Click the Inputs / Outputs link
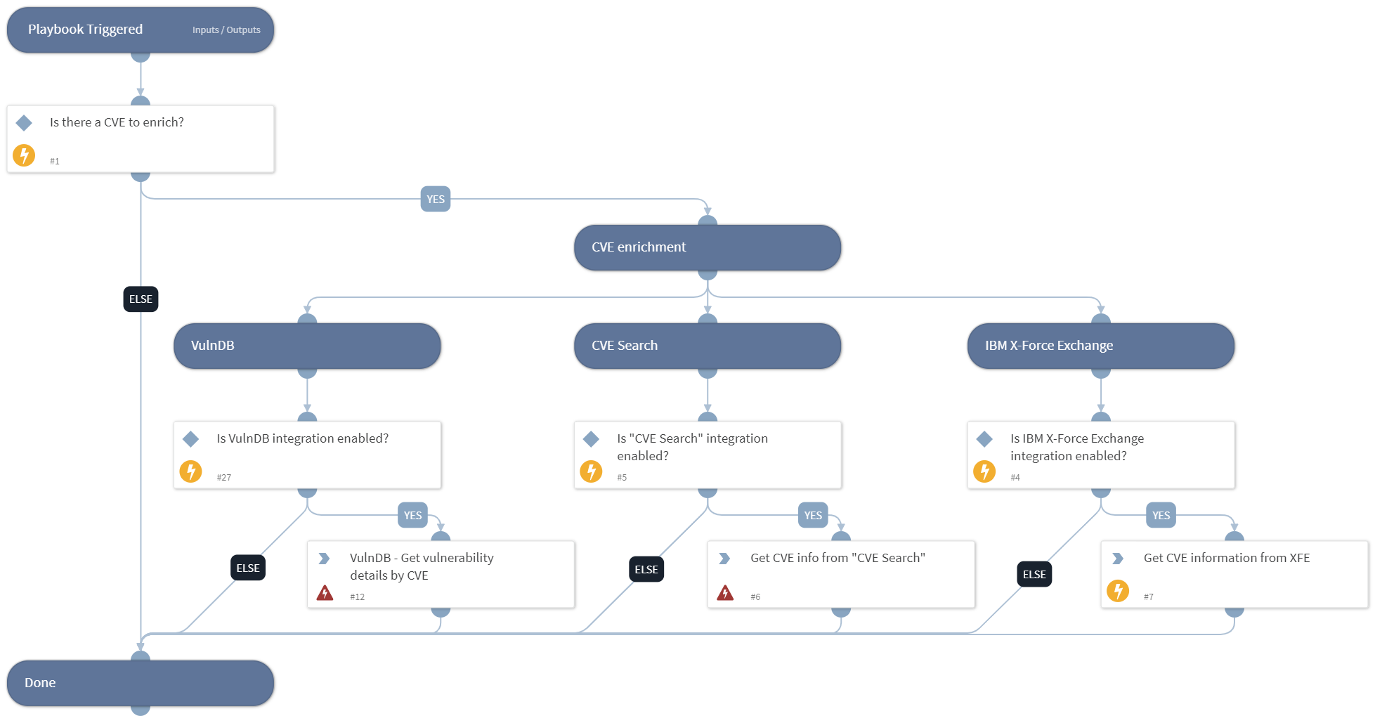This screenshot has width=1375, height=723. point(226,30)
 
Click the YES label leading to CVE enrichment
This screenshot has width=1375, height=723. point(435,199)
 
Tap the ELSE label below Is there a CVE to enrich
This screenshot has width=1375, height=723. point(141,299)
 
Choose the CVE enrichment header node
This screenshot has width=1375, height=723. point(707,247)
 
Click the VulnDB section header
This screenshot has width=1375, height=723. point(306,346)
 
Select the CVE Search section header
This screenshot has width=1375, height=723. point(707,346)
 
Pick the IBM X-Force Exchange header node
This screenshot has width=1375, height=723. point(1100,346)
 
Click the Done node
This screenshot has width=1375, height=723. point(140,683)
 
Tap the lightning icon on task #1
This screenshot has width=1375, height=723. point(24,155)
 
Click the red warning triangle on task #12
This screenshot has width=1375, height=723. point(325,593)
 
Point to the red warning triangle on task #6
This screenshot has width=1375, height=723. point(725,593)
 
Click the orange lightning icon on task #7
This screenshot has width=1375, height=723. point(1117,591)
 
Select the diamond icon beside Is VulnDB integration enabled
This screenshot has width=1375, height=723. point(190,439)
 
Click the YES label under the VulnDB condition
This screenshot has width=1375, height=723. point(412,515)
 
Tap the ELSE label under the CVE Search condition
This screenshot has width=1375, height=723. point(646,569)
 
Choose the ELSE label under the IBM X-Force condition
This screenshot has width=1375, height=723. point(1034,574)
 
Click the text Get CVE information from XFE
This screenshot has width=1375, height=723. point(1226,558)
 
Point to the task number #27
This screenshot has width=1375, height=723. point(223,478)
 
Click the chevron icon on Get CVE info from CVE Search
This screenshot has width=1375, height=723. point(724,559)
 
